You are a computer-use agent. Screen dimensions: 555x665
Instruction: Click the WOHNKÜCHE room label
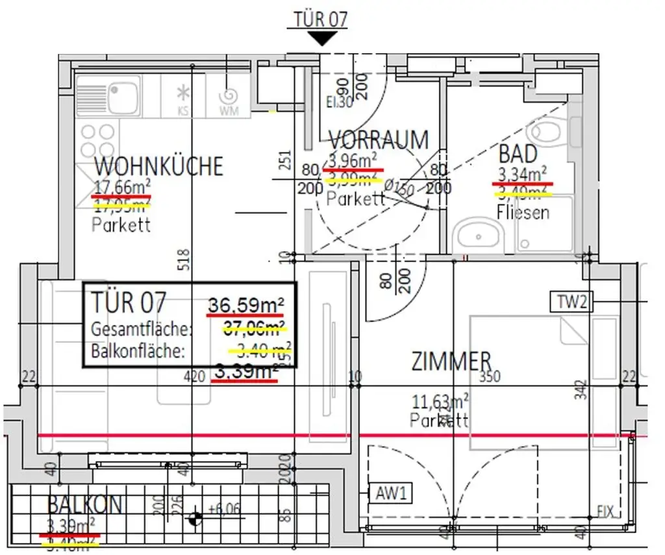click(158, 166)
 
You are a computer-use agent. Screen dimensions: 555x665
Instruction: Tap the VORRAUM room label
click(379, 140)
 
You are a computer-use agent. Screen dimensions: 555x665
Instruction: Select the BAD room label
click(518, 154)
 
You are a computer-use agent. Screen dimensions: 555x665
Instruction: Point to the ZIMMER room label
click(451, 362)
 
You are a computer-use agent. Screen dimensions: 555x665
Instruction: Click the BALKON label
click(84, 504)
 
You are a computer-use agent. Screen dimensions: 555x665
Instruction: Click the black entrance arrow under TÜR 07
click(321, 39)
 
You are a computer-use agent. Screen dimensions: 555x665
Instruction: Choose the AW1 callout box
click(391, 493)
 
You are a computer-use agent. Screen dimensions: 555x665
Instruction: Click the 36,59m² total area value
click(246, 304)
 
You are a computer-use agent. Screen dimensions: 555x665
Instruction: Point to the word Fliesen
click(523, 212)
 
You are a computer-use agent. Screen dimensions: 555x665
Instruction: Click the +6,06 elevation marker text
click(225, 509)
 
